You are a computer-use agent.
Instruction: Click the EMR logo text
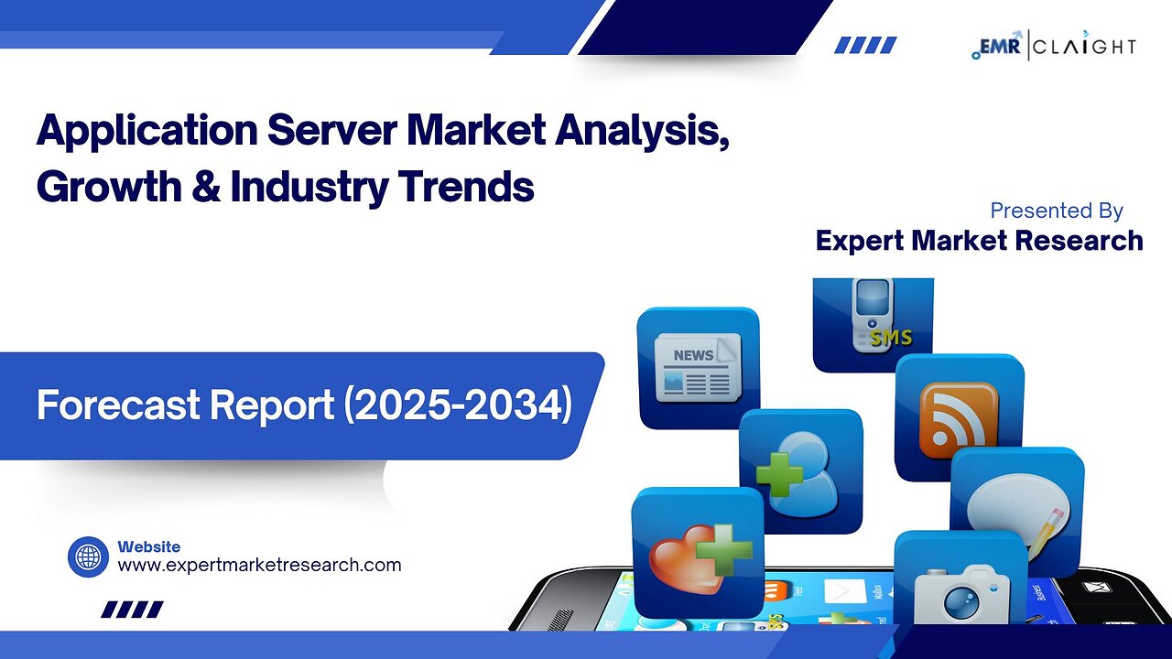(1000, 46)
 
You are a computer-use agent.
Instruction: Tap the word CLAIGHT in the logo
(1085, 47)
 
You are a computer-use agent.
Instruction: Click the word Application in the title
(147, 133)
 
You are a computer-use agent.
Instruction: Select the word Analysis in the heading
(642, 131)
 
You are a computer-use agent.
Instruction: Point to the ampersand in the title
(206, 186)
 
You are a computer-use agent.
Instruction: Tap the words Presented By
(1057, 211)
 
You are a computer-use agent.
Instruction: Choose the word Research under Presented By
(1079, 241)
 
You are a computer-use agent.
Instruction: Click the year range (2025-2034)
(458, 405)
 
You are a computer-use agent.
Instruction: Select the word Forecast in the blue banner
(118, 405)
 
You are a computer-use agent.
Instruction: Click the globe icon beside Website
(88, 557)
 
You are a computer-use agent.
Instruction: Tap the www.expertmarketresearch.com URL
(259, 566)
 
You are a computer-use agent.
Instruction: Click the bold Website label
(149, 546)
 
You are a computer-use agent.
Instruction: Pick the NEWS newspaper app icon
(698, 368)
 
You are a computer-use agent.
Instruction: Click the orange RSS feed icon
(959, 420)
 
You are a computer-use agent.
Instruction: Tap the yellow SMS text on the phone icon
(891, 338)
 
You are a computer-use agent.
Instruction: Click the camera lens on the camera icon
(961, 604)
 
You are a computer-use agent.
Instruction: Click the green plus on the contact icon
(779, 474)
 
